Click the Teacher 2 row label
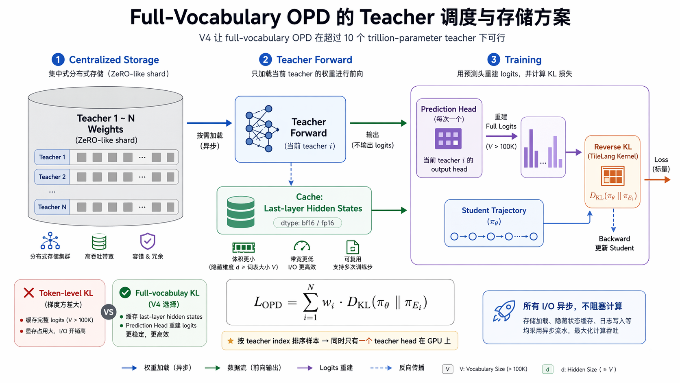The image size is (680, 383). (52, 177)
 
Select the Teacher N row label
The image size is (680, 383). (52, 207)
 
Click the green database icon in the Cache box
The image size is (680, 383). (241, 212)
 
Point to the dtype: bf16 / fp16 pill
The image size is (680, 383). (307, 223)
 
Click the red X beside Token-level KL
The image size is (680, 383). (29, 293)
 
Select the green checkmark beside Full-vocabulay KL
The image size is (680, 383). (125, 293)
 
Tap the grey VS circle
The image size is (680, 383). (108, 312)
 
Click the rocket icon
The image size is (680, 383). (504, 311)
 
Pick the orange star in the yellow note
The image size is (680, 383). (231, 341)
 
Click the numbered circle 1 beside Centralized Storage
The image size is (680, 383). (58, 59)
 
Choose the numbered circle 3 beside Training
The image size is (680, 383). (494, 59)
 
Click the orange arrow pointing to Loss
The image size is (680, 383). (657, 180)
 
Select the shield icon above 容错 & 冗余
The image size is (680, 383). (148, 241)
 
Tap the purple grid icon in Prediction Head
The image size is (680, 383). (448, 138)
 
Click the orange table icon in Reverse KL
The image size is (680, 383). (612, 176)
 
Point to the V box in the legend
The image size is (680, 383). (447, 369)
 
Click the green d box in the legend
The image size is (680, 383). (548, 369)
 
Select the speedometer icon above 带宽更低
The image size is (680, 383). (302, 246)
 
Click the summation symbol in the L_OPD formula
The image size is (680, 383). (310, 302)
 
